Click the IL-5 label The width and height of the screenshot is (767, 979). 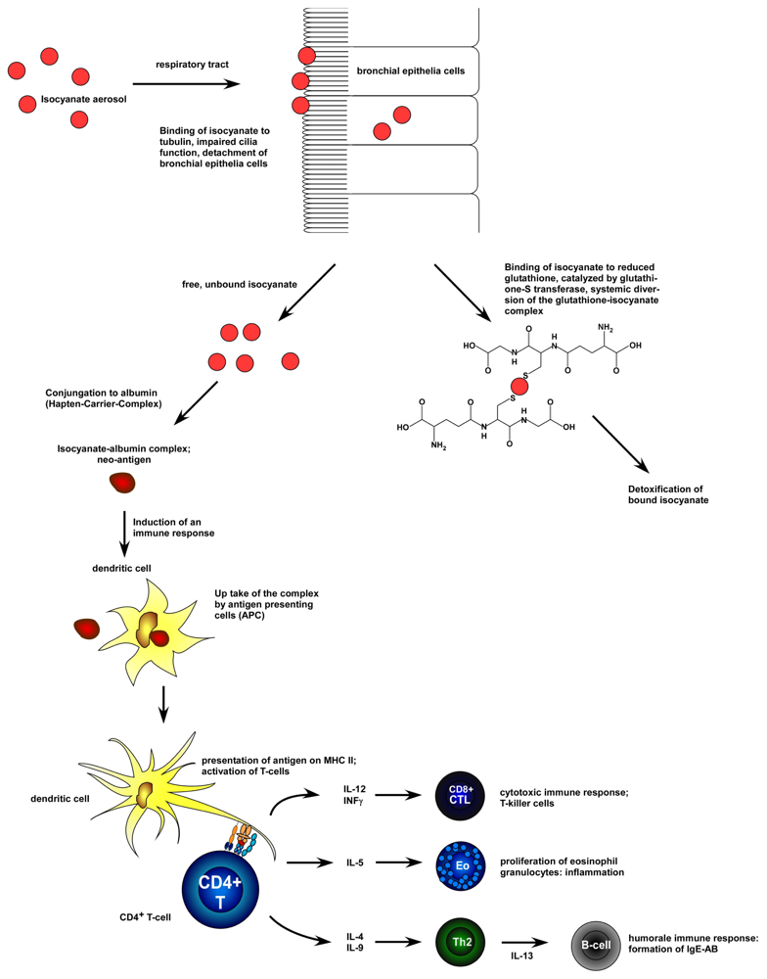point(355,864)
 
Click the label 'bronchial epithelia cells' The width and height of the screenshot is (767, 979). point(411,71)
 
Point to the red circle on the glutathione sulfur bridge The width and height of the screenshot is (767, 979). point(519,387)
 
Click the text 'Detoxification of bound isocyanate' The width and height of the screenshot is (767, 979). point(667,493)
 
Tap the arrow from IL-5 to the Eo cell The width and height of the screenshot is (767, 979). point(403,864)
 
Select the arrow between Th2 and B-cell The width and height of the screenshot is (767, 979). point(528,944)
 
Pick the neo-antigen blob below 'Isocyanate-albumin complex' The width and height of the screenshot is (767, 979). point(123,483)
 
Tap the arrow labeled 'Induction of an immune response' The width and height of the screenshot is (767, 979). point(124,531)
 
